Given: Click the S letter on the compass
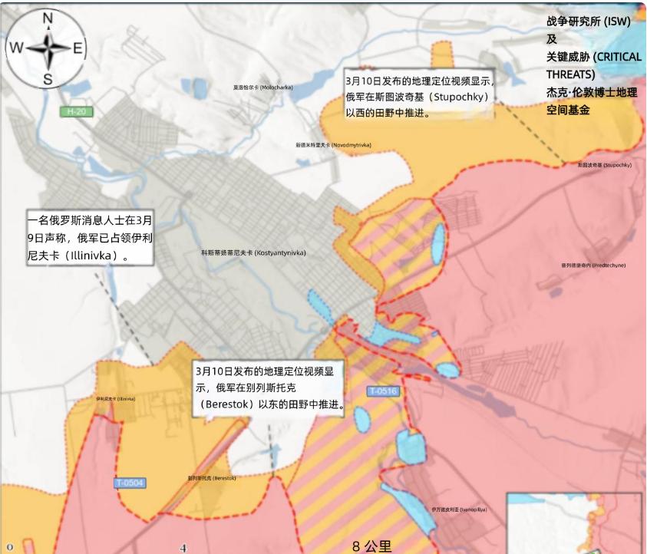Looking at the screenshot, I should point(48,79).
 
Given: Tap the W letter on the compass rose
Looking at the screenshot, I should point(16,48).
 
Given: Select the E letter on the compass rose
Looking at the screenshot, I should point(78,48).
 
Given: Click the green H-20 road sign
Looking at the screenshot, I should point(76,112).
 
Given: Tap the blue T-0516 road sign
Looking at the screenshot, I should point(382,391).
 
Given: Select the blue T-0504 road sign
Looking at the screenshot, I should point(130,483).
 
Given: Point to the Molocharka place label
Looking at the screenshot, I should point(263,87).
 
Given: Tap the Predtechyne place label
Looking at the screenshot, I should point(593,265).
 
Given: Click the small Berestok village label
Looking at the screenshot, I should point(212,478).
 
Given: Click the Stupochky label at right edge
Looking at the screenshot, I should point(604,165).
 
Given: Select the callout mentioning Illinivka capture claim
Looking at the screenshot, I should point(90,237).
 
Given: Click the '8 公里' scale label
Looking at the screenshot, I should point(372,546).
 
